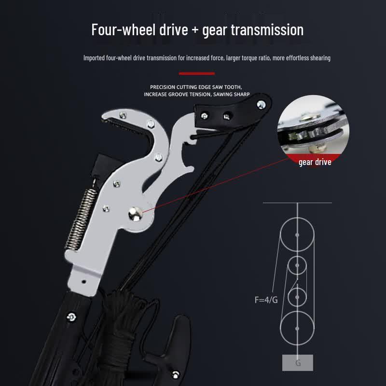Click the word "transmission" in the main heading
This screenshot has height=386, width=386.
point(267,30)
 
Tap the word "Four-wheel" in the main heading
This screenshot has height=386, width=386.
point(124,30)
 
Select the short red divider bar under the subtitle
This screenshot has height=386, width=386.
point(197,73)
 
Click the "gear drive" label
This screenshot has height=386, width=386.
point(315,162)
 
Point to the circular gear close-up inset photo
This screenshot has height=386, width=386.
point(313,130)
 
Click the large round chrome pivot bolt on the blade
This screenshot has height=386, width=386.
point(135,214)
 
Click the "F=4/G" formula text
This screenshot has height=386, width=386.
point(266,300)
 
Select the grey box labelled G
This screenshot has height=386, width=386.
point(297,363)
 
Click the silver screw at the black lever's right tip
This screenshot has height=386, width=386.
point(261,105)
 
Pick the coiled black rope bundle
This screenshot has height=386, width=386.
point(121,335)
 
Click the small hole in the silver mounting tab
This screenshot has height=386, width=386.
point(83,281)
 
